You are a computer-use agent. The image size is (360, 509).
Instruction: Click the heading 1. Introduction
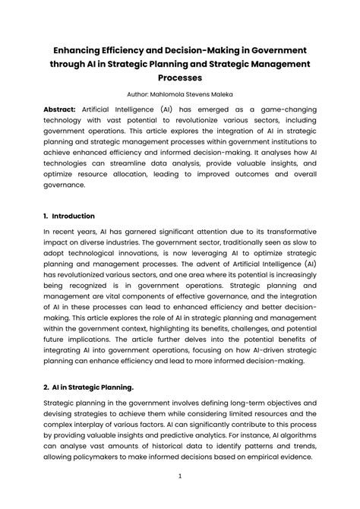coord(69,216)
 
